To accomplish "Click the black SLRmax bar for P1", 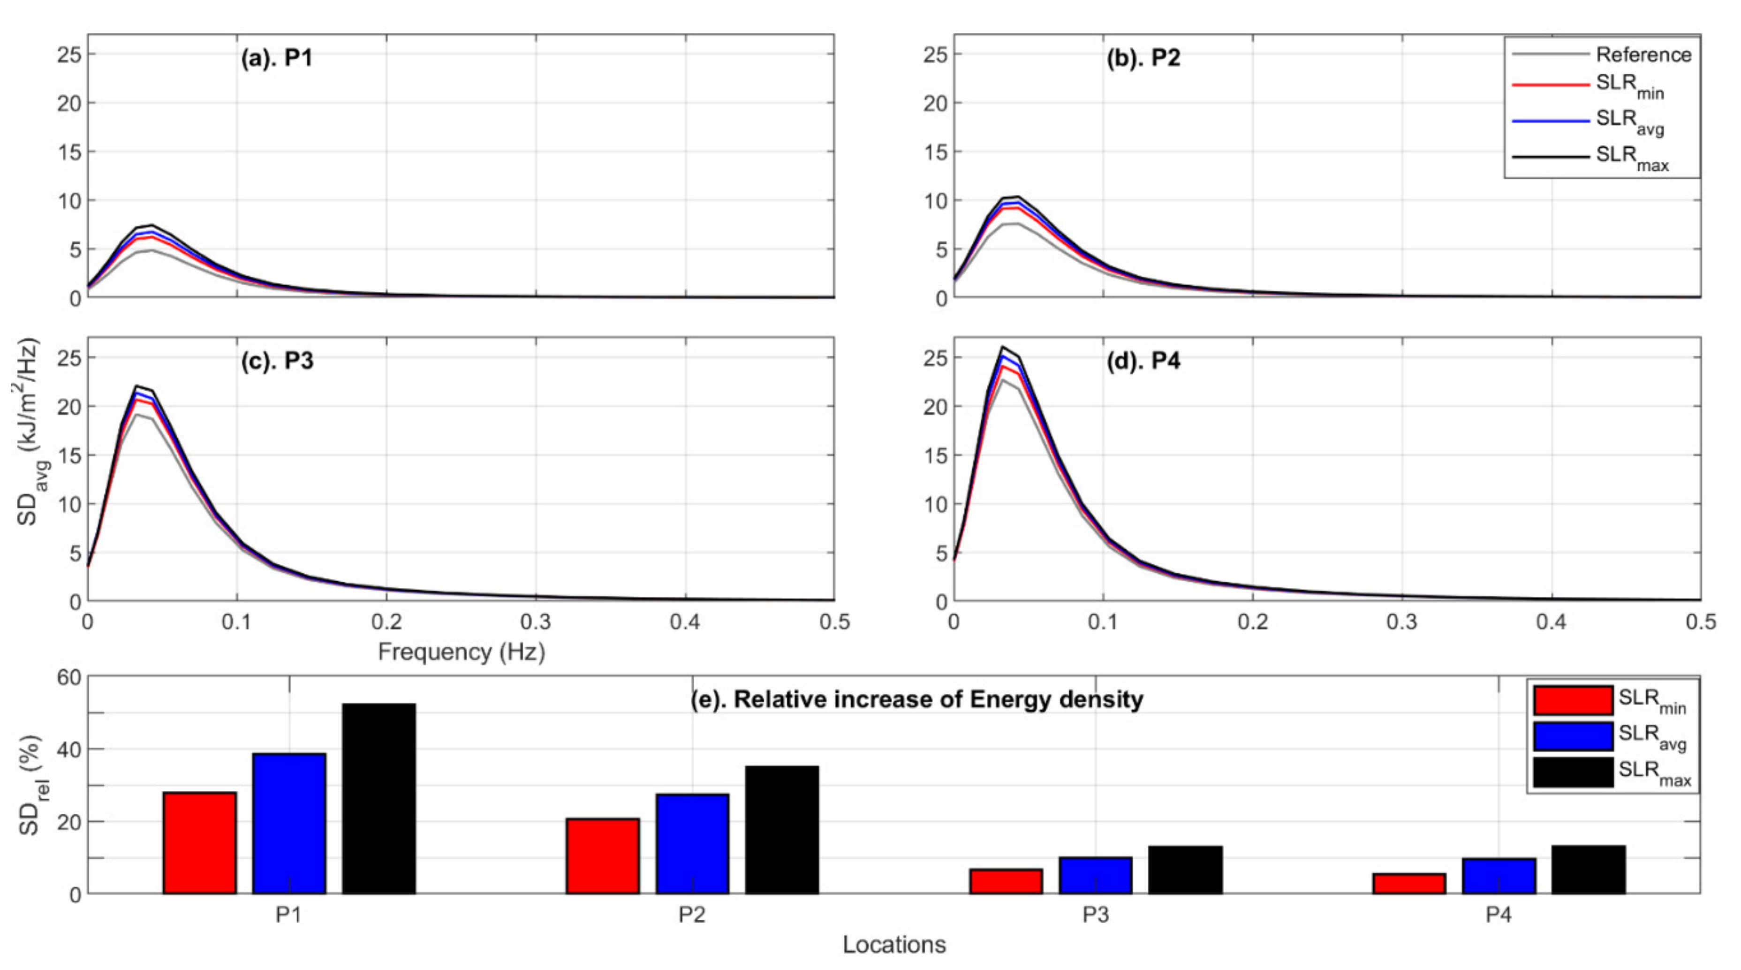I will [378, 799].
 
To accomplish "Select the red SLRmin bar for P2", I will [602, 856].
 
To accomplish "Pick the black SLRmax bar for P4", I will [1588, 870].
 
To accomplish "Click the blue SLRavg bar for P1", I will [289, 823].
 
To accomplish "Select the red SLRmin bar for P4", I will [1408, 884].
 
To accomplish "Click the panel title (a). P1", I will [277, 58].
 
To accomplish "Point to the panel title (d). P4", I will [1143, 362].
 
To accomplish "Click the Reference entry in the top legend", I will [1643, 55].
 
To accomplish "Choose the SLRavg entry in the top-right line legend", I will [1629, 121].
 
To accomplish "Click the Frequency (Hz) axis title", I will [461, 652].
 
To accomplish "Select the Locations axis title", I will [893, 944].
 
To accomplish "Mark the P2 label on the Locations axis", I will [692, 915].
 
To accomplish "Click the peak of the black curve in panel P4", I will [1002, 348].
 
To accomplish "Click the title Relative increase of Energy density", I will [916, 699].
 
